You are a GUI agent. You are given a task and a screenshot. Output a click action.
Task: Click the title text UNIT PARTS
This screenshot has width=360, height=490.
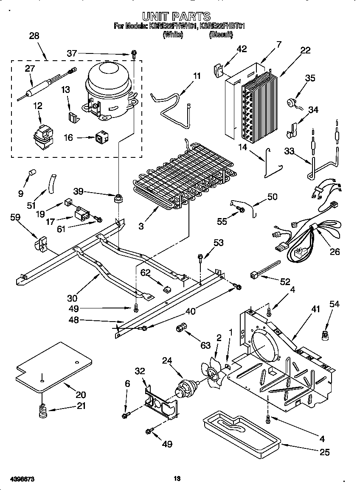(176, 17)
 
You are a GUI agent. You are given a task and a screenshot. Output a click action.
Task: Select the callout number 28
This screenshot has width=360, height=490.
(34, 36)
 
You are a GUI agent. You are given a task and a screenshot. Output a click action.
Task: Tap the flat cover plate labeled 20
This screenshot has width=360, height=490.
(53, 367)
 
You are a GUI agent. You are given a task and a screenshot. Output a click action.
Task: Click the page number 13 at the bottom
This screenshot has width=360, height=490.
(177, 479)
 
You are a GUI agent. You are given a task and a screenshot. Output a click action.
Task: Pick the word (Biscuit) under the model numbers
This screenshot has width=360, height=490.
(221, 35)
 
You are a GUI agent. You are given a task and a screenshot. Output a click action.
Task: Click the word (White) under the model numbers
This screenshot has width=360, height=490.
(173, 35)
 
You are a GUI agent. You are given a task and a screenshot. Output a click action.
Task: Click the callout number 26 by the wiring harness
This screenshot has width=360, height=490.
(335, 252)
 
